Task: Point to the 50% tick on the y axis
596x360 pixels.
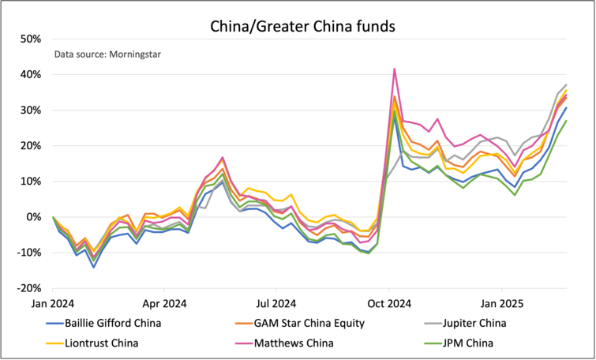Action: [31, 39]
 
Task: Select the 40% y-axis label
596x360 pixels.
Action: [31, 74]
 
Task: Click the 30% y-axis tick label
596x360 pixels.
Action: [31, 110]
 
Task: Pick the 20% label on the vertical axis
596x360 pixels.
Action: [31, 145]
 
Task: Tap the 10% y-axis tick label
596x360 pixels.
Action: [31, 181]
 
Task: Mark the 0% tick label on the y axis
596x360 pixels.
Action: [34, 216]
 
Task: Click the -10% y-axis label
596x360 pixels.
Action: [29, 252]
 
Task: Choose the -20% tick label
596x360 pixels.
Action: [29, 287]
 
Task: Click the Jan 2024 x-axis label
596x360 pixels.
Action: [53, 302]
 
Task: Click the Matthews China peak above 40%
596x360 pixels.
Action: [394, 69]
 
